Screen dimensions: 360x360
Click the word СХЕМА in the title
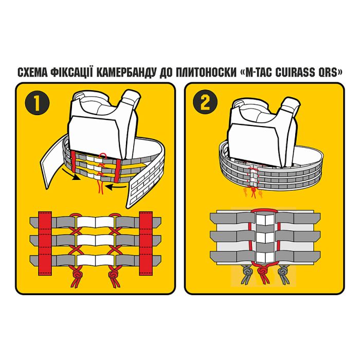click(x=32, y=71)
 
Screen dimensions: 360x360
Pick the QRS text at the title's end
click(x=329, y=71)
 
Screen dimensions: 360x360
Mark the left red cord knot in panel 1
click(x=77, y=278)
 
